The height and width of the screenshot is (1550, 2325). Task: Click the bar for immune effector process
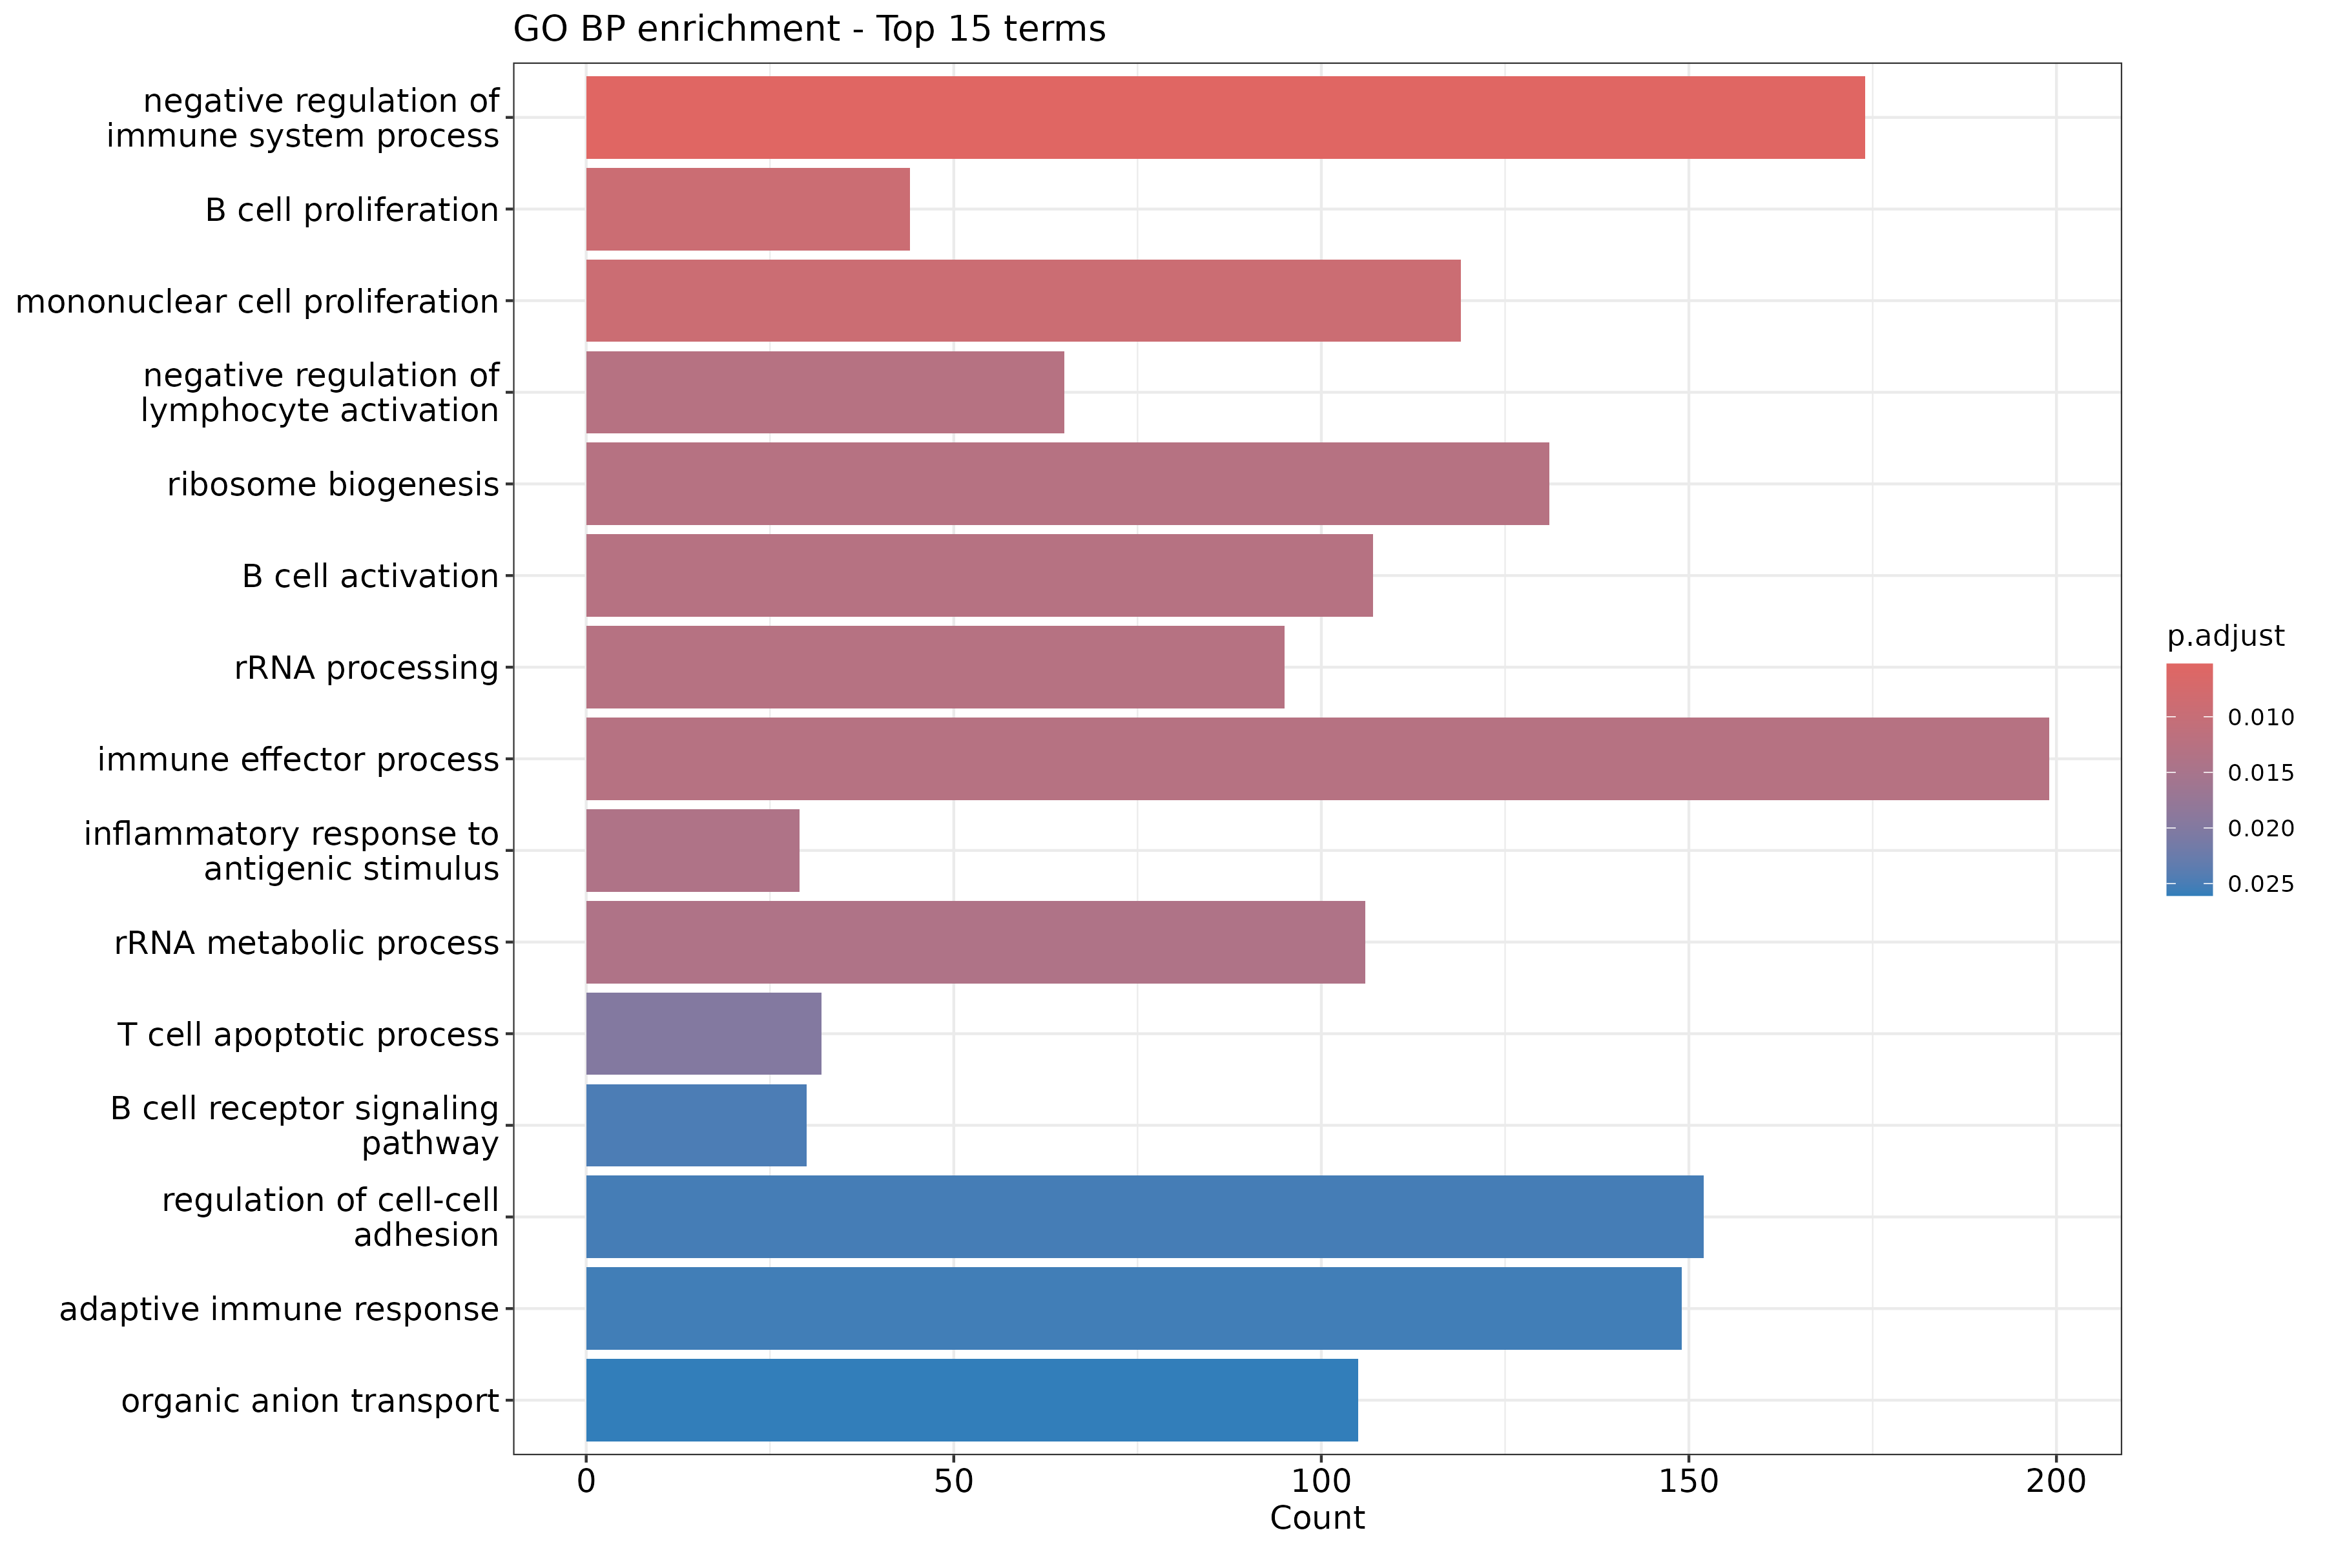click(x=1317, y=759)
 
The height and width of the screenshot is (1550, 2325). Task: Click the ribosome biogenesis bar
click(x=1067, y=484)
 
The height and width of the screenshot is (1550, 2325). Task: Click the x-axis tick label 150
click(x=1688, y=1482)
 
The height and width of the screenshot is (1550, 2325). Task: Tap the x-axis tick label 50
click(x=953, y=1482)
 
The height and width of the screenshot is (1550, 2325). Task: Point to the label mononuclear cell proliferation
click(x=257, y=302)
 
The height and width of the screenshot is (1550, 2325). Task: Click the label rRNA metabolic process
click(x=306, y=943)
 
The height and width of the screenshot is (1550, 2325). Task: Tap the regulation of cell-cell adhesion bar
click(x=1144, y=1217)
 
